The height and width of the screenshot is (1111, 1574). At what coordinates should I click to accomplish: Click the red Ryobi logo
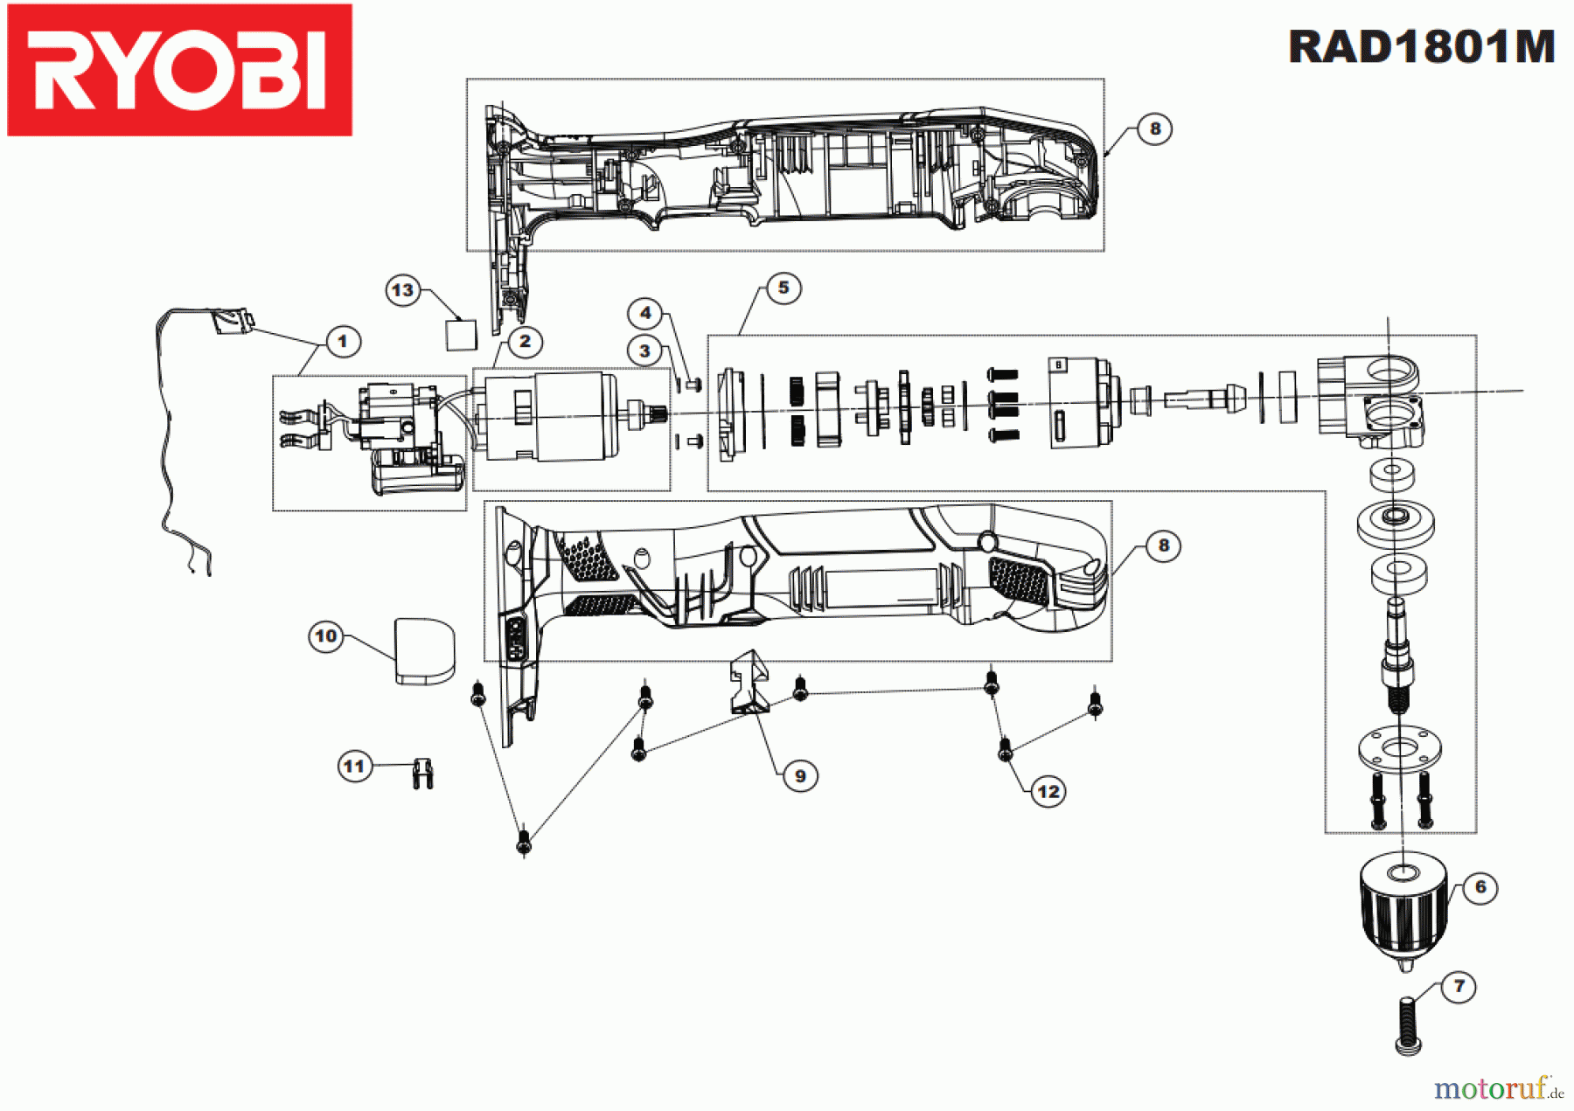(179, 70)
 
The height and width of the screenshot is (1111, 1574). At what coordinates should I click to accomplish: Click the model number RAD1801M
(1421, 47)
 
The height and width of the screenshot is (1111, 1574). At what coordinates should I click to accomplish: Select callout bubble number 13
(402, 290)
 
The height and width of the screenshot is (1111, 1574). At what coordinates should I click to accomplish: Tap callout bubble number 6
(1480, 887)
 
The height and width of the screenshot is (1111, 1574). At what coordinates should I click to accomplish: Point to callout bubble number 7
(1458, 987)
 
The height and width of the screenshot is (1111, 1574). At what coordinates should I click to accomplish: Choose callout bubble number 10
(325, 636)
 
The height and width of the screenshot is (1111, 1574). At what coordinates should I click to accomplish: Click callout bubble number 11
(353, 767)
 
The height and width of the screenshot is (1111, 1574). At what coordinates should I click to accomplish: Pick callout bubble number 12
(1048, 792)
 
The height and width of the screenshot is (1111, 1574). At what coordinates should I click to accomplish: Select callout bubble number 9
(799, 776)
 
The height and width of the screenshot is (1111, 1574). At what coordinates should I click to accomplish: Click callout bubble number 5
(783, 288)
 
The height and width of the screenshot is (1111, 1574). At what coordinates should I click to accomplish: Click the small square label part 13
(461, 335)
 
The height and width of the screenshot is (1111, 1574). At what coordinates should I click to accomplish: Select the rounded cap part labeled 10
(425, 651)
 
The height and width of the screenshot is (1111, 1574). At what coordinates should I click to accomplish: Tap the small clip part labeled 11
(422, 773)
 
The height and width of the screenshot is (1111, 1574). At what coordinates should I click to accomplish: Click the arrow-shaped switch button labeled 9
(749, 682)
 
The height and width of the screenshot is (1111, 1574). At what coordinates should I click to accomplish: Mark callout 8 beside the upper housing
(1154, 129)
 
